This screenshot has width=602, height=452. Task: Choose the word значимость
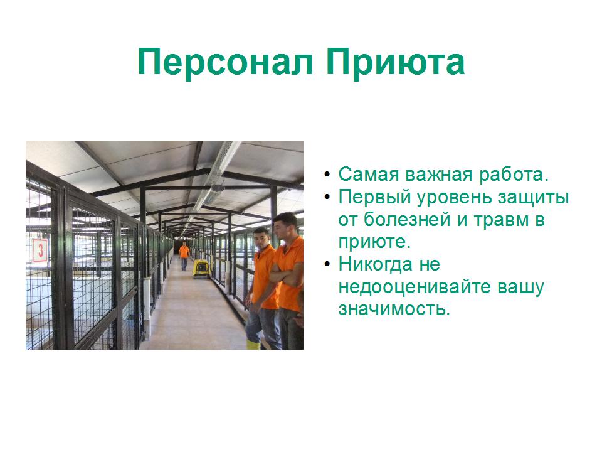[394, 309]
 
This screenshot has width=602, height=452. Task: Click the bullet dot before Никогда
[327, 264]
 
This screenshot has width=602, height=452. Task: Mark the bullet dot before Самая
[327, 174]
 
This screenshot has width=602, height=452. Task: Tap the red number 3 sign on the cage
[40, 250]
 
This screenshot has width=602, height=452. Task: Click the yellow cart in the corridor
[201, 268]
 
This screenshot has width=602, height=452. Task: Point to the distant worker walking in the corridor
[184, 255]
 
